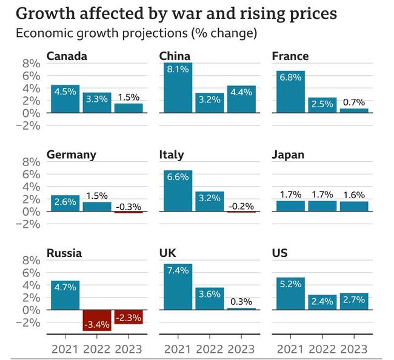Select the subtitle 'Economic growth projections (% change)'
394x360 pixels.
(136, 33)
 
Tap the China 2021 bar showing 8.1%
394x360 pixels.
(177, 88)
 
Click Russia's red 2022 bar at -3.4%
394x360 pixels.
(96, 320)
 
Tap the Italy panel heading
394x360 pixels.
(172, 155)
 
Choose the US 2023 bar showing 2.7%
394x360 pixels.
(354, 301)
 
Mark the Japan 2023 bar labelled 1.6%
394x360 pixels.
(354, 206)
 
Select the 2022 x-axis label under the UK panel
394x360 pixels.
(209, 348)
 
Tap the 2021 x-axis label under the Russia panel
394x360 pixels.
(64, 348)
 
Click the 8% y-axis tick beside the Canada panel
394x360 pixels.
(31, 63)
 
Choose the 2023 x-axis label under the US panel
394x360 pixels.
(354, 348)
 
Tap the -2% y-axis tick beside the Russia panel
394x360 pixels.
(28, 322)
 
